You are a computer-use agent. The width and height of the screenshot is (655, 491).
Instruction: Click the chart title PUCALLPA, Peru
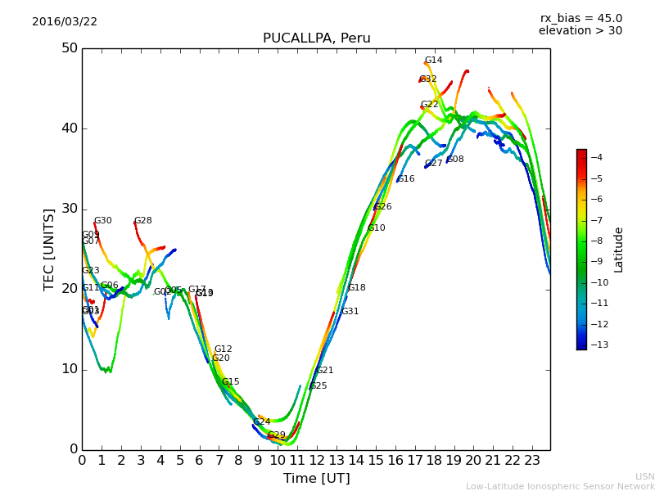(x=316, y=38)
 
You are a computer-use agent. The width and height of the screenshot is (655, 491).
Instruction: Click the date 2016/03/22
(x=65, y=22)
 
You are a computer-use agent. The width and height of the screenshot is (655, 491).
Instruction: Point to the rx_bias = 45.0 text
(x=580, y=19)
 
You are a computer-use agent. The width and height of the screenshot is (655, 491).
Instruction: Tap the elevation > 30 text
(x=580, y=31)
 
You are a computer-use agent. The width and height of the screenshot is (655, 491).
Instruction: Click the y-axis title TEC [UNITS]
(x=49, y=249)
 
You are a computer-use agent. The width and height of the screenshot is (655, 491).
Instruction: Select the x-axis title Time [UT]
(x=316, y=479)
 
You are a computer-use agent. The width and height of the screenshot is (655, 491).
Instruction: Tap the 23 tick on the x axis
(x=532, y=461)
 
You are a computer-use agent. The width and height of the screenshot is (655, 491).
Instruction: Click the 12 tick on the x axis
(x=317, y=461)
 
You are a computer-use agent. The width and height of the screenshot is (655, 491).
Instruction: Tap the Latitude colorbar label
(x=619, y=250)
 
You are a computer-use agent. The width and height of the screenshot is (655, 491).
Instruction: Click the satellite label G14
(x=433, y=61)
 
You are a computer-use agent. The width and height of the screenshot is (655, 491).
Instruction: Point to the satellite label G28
(x=142, y=221)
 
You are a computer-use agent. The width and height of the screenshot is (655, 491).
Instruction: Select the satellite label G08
(x=455, y=160)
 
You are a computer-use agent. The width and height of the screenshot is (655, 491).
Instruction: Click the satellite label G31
(x=350, y=312)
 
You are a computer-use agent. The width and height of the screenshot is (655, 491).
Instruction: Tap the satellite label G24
(x=261, y=422)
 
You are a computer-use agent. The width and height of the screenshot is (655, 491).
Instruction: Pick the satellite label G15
(x=231, y=382)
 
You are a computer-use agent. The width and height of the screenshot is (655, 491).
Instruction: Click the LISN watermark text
(x=644, y=476)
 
